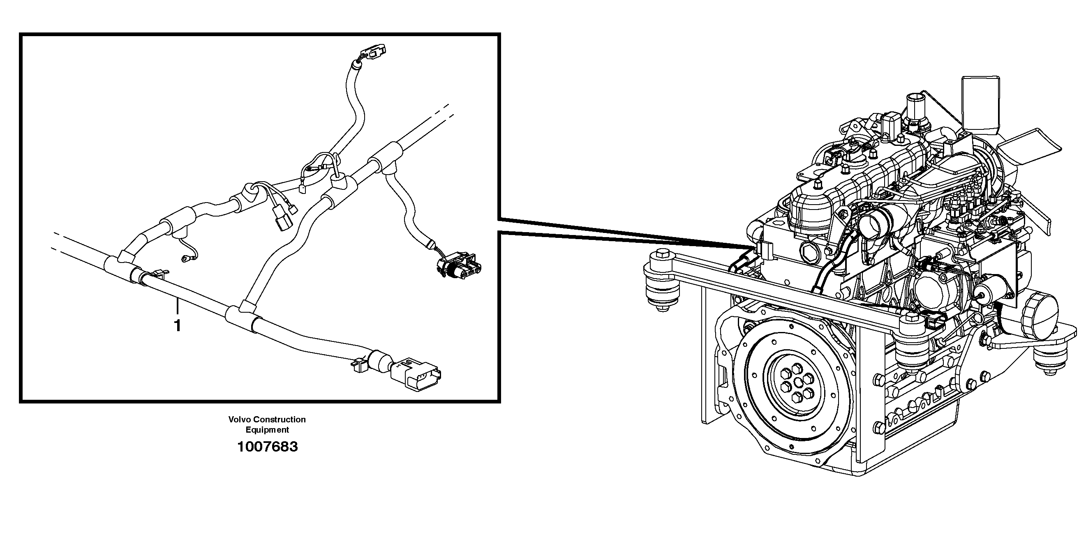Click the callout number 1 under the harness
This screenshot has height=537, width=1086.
178,325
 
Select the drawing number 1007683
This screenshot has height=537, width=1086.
267,447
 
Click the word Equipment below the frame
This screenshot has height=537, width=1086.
267,430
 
